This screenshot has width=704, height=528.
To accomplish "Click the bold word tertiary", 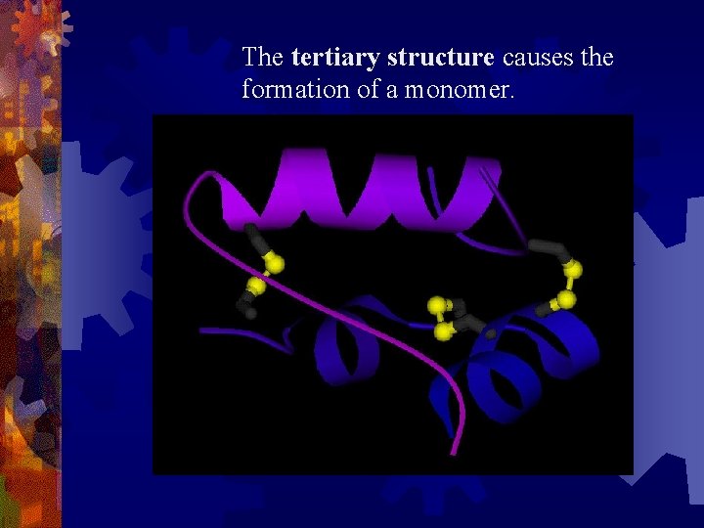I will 335,58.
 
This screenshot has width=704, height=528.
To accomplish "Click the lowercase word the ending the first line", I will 596,58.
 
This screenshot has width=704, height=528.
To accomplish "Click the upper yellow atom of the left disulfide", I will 275,264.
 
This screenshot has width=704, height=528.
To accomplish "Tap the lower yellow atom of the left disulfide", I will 256,286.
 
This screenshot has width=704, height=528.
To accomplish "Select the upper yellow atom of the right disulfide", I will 573,270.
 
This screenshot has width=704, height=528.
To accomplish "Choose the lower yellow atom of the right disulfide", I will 566,299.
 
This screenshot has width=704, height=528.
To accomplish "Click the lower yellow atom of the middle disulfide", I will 443,332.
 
